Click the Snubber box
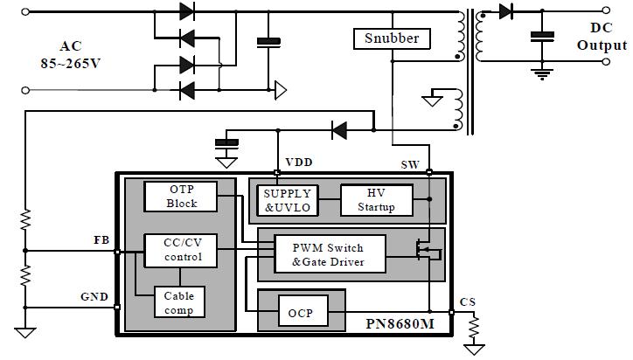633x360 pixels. (392, 38)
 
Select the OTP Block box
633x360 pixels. (182, 197)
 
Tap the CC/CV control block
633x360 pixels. (182, 251)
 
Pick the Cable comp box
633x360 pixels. (178, 302)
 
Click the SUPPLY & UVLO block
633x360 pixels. (285, 199)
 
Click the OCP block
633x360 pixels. (301, 312)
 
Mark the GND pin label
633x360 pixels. (94, 297)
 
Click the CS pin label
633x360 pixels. (468, 301)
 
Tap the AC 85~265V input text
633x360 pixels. (69, 54)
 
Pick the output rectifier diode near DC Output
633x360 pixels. (506, 11)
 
